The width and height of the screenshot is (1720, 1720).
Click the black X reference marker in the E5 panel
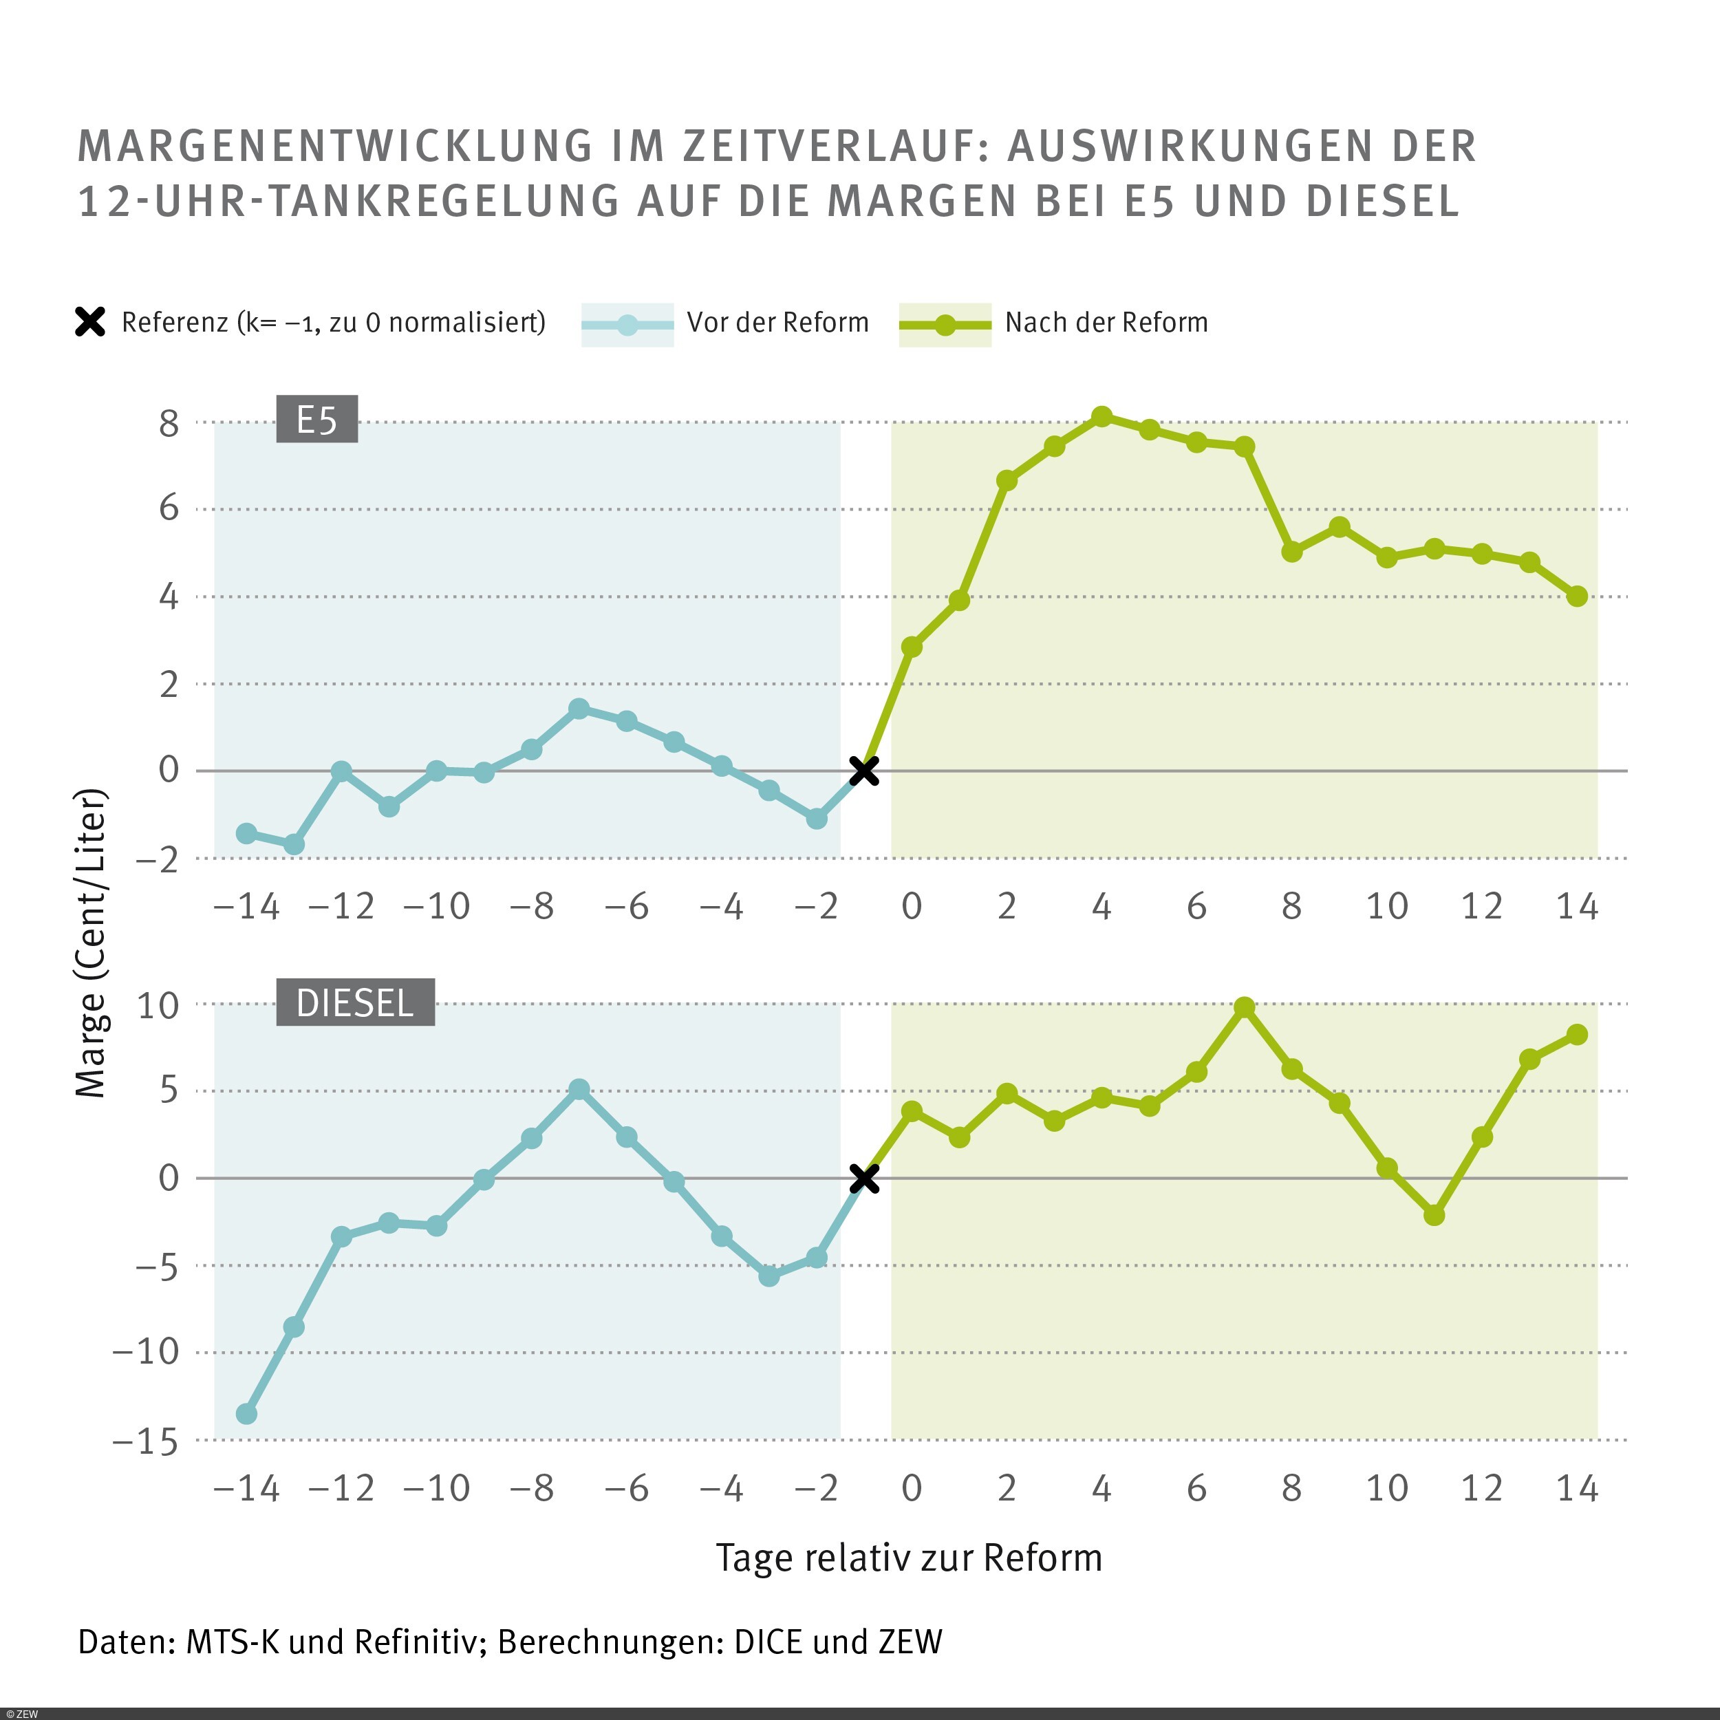tap(863, 771)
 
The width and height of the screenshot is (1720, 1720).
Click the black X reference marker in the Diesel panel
tap(863, 1179)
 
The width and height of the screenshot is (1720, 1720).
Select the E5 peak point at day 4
tap(1101, 417)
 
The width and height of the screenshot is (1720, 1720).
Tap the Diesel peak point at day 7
tap(1245, 1007)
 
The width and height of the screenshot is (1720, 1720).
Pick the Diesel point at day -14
tap(246, 1414)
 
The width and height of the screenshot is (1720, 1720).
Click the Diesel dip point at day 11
tap(1434, 1215)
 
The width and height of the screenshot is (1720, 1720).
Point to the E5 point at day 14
tap(1577, 596)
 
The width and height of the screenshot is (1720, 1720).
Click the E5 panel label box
tap(317, 419)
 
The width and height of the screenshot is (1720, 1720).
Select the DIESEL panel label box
tap(355, 1002)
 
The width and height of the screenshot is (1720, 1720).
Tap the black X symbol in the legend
tap(90, 322)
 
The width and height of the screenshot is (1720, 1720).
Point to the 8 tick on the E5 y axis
tap(169, 424)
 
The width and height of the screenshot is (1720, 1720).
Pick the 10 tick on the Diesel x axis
tap(1386, 1489)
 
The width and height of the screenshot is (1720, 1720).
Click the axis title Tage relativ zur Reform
tap(909, 1558)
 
